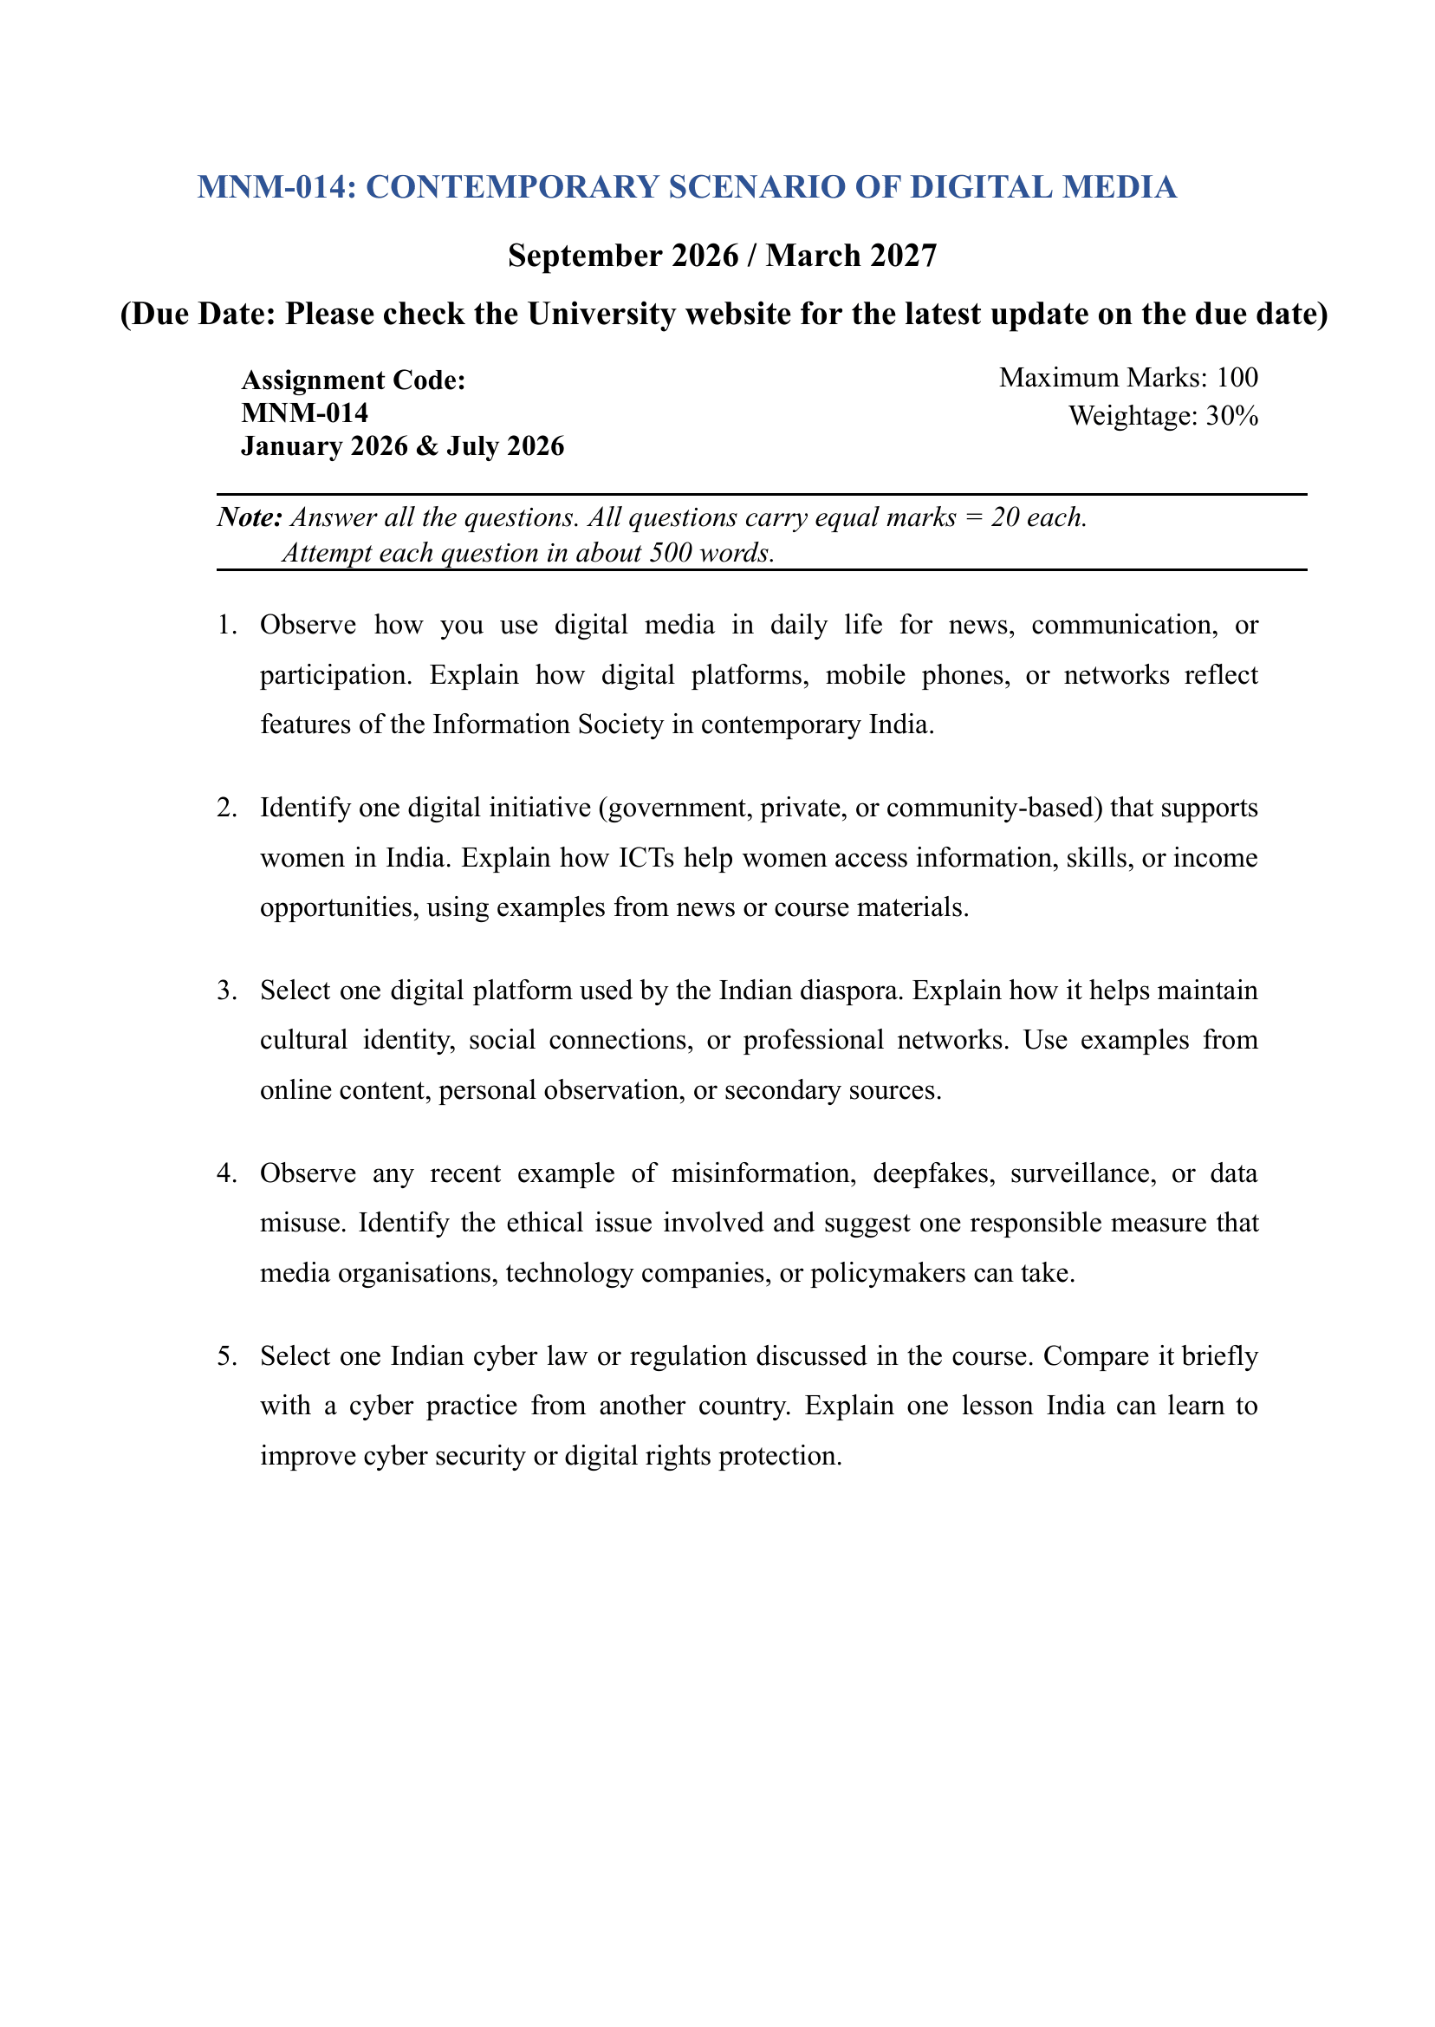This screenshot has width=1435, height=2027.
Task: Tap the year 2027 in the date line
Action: (903, 256)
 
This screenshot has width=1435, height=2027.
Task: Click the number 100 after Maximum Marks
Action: (1237, 377)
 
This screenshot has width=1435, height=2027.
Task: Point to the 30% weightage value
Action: (1231, 415)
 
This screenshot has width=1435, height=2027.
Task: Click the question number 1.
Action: (226, 625)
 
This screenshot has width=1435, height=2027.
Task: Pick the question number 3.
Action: (226, 991)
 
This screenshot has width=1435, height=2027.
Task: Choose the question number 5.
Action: (226, 1356)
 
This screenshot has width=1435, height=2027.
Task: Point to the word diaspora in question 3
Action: (850, 991)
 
